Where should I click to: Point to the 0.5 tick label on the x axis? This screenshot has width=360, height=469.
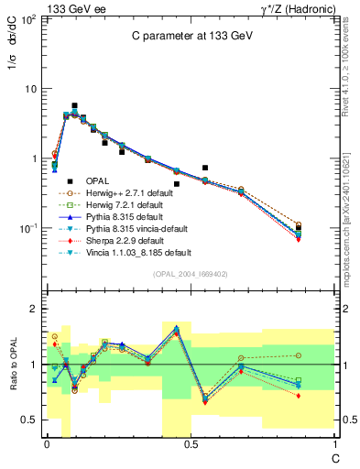191,444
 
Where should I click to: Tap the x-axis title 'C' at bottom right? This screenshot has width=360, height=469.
333,454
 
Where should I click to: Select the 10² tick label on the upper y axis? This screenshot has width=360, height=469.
29,19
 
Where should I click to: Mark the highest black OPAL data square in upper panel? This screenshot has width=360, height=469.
74,106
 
